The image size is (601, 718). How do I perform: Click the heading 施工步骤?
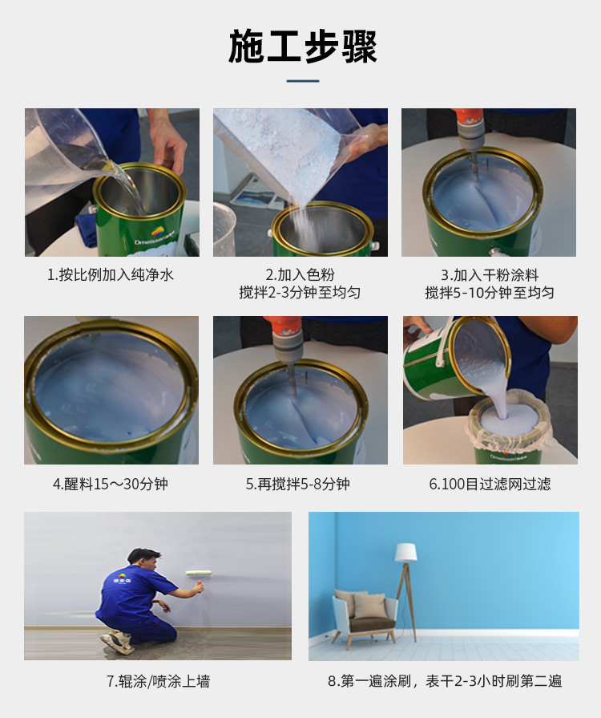coord(302,46)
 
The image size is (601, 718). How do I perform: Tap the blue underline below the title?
coord(302,81)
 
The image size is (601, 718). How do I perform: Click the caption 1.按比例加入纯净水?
coord(111,274)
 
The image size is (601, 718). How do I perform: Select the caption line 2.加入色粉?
coord(300,274)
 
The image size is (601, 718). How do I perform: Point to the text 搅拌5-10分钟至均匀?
coord(490,293)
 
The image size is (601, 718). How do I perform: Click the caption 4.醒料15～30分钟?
coord(111,484)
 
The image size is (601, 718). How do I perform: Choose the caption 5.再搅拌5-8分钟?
coord(298,484)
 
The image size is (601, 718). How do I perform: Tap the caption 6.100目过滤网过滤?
coord(490,484)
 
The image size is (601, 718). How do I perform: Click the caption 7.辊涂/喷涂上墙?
coord(158,681)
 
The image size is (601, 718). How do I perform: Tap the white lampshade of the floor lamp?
coord(406,553)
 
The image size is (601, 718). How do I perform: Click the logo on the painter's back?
coord(121,578)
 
